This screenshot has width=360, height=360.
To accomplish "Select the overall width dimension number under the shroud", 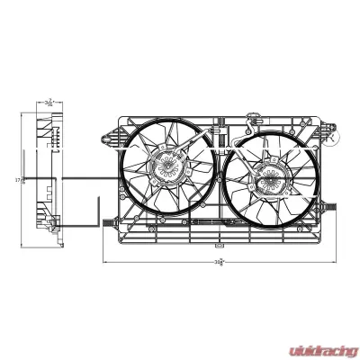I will [219, 263].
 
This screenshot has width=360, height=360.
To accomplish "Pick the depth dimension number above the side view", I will [48, 103].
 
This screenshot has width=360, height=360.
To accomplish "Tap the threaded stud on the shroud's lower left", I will [109, 219].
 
